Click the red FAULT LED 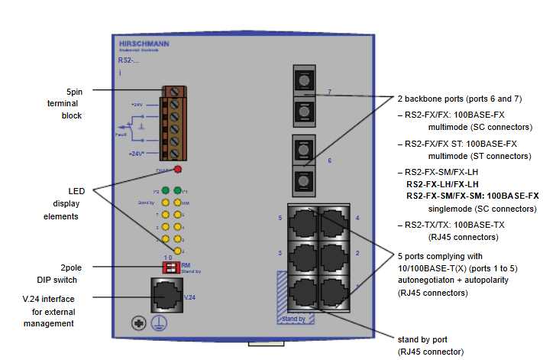pos(177,170)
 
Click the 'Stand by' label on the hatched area pos(293,318)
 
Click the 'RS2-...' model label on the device pos(128,60)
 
